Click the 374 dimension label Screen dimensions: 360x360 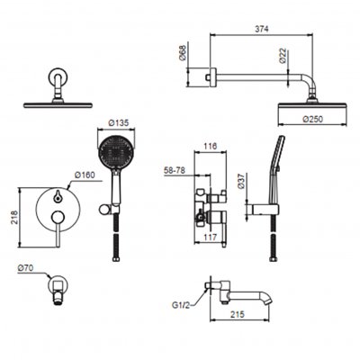click(x=262, y=29)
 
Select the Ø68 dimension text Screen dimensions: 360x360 click(x=183, y=53)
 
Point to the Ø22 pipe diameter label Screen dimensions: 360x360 click(x=283, y=56)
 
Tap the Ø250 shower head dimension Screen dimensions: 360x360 click(x=313, y=119)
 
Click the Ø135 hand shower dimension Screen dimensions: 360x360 click(x=118, y=122)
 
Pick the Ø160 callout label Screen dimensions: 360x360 click(x=85, y=175)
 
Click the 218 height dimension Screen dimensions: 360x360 click(x=14, y=217)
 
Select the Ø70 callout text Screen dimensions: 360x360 click(x=25, y=267)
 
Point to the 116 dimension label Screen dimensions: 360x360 click(x=210, y=146)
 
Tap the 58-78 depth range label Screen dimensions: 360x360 click(x=175, y=170)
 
